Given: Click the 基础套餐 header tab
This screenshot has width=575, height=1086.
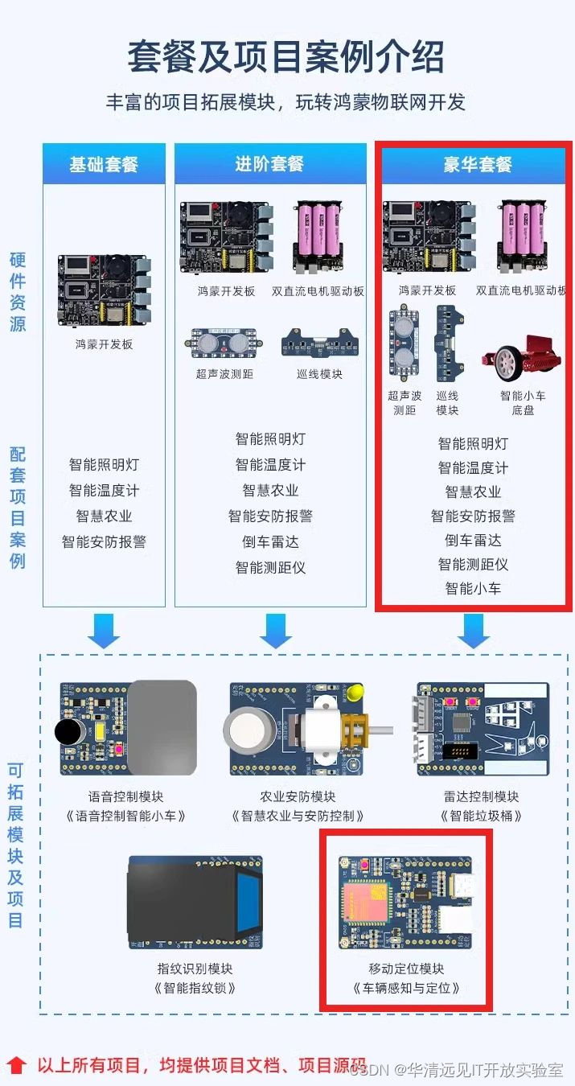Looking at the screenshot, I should [x=104, y=165].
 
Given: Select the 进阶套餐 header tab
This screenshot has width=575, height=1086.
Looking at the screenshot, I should [x=269, y=164].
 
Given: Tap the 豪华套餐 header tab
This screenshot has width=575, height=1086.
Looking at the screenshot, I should [x=477, y=165].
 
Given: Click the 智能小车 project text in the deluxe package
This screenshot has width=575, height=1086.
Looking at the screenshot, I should [x=473, y=589].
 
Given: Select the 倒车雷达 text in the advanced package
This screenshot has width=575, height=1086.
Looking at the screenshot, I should [x=270, y=542].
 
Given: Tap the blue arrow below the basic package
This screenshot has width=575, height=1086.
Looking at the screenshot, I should [x=104, y=631].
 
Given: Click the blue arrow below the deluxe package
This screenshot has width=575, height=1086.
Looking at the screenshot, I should [x=474, y=631].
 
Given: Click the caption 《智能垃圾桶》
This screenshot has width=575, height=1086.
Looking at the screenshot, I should [x=480, y=816].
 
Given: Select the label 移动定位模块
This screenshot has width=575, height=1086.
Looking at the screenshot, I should [x=406, y=969].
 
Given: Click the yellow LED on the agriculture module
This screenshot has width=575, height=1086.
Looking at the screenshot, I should [x=357, y=692].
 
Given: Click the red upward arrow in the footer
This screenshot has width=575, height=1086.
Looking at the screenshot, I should [x=17, y=1067].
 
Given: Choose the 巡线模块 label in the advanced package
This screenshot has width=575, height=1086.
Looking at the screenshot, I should [x=319, y=374].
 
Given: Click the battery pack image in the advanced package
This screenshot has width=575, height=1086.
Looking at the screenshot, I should [x=319, y=233].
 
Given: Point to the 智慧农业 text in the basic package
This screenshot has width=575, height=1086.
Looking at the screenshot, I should [x=104, y=516].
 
